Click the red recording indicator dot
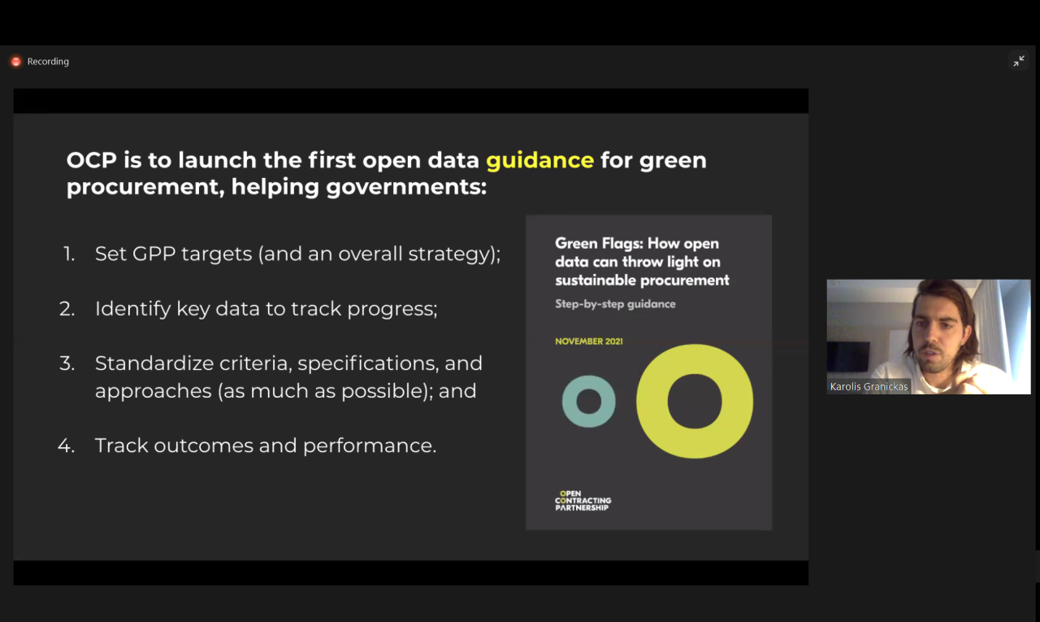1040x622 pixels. [16, 61]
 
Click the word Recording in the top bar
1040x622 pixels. [48, 61]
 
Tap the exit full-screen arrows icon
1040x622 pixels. [1019, 61]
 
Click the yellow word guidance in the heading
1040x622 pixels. [539, 160]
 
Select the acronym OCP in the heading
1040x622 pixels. [92, 160]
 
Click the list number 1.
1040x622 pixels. [69, 254]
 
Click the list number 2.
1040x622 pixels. [67, 309]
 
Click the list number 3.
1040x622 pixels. [67, 363]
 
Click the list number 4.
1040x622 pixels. [66, 446]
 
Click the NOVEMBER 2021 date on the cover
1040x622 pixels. [589, 341]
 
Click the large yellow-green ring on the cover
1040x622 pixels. [652, 402]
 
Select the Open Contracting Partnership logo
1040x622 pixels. [583, 501]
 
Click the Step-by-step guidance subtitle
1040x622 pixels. [615, 304]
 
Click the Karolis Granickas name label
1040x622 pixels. [869, 386]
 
